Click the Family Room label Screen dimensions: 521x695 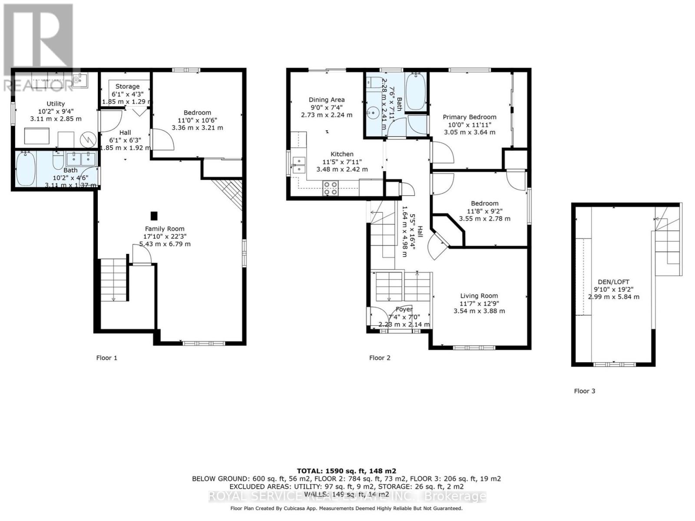click(165, 229)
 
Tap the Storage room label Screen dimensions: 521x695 click(127, 87)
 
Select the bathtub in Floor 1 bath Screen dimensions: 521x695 click(26, 169)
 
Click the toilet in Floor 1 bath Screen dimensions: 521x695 click(58, 160)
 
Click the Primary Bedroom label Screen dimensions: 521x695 click(469, 117)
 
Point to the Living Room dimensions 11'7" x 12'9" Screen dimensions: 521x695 click(479, 303)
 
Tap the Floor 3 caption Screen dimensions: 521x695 click(584, 391)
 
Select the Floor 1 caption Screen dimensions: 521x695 click(106, 358)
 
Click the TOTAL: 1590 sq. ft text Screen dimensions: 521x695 click(346, 471)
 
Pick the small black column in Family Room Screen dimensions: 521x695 click(154, 215)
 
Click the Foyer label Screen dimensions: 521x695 click(404, 309)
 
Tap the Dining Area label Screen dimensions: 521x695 click(327, 100)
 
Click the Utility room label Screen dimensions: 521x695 click(56, 104)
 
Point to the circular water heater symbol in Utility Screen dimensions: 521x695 click(89, 139)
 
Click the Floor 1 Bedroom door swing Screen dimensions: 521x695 click(163, 140)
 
